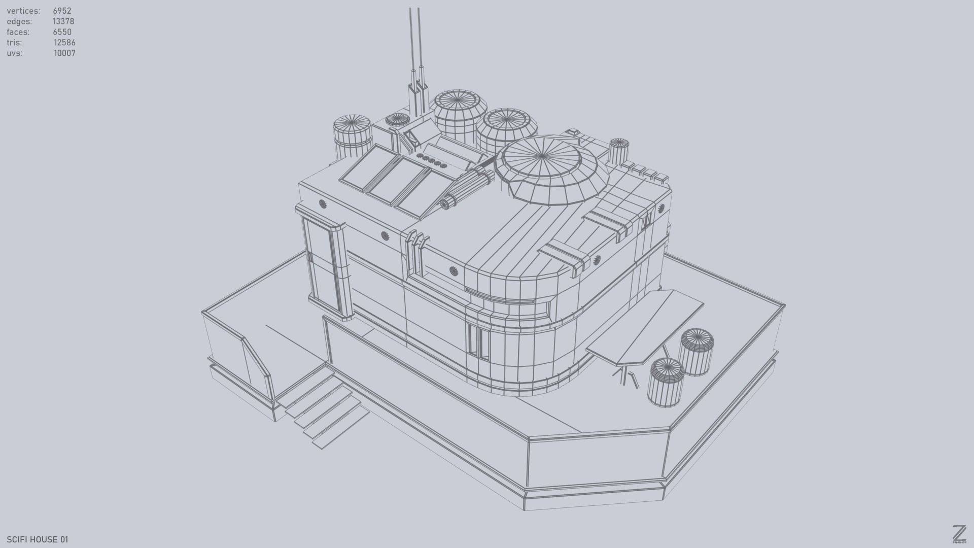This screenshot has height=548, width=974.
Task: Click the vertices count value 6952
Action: [62, 11]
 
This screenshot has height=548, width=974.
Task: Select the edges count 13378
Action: [63, 21]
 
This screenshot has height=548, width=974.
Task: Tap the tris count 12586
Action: [64, 43]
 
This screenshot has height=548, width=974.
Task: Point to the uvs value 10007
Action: [64, 53]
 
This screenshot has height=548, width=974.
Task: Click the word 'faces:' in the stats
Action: [18, 32]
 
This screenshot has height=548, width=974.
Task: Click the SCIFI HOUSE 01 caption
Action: [37, 539]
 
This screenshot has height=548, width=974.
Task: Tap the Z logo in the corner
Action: [959, 534]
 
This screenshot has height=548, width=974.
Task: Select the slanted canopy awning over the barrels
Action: [645, 327]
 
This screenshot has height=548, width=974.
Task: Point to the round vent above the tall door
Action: [323, 204]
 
